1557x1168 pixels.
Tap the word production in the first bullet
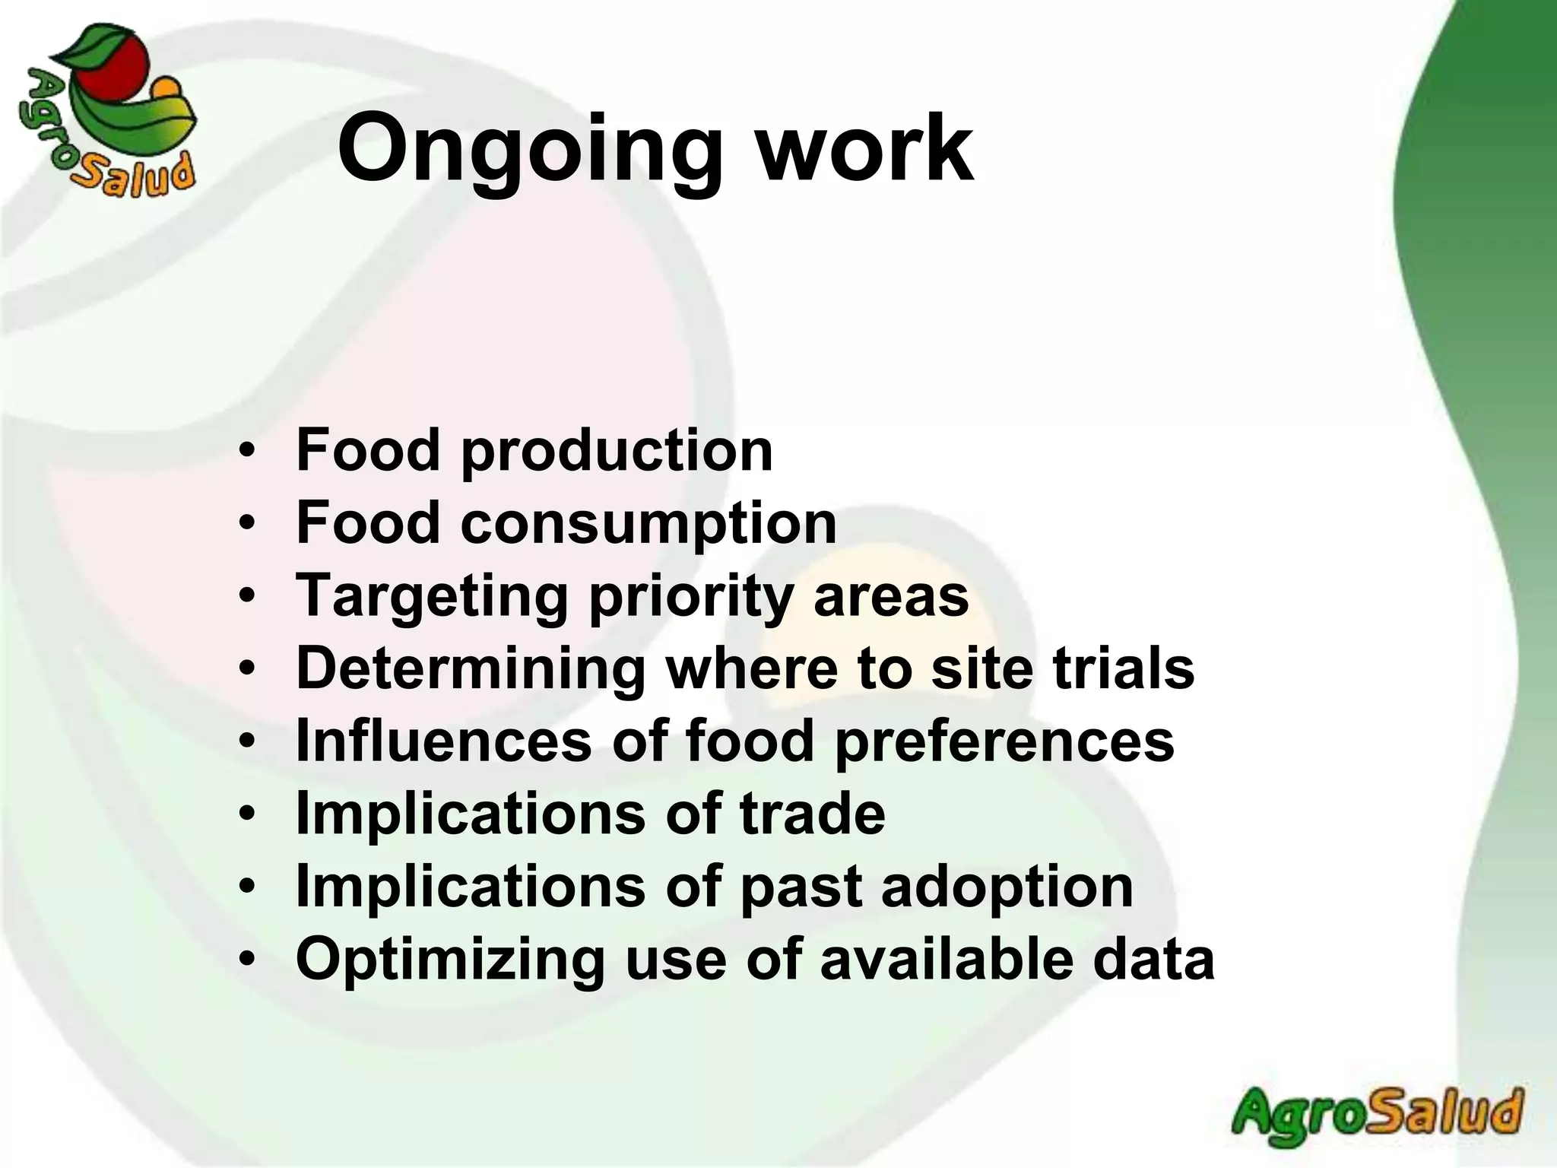point(617,451)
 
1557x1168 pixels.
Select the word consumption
point(648,523)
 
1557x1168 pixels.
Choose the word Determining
point(470,668)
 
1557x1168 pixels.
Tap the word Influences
point(443,741)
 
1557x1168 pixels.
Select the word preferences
point(1004,741)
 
